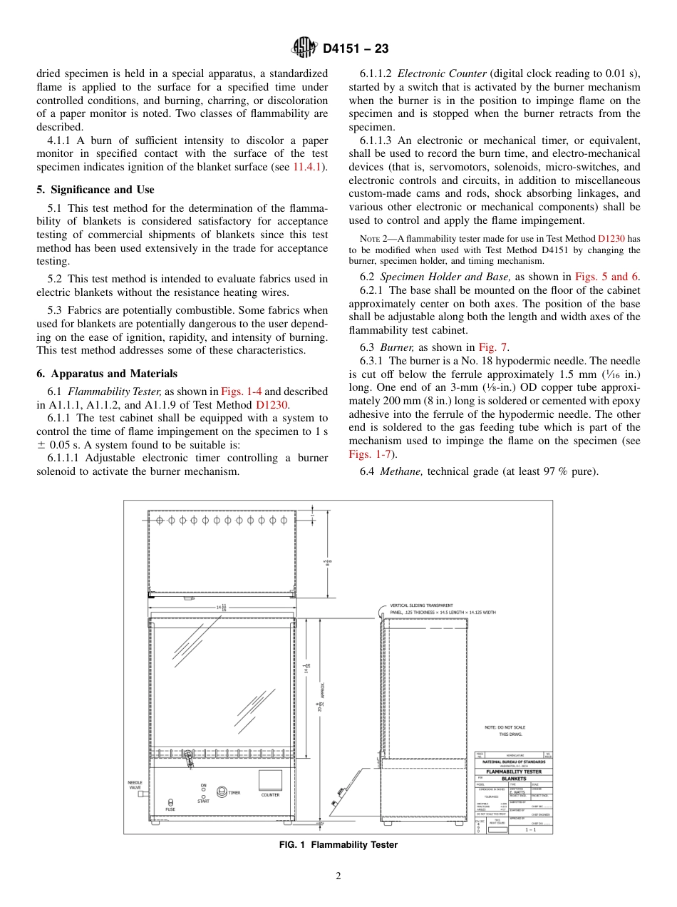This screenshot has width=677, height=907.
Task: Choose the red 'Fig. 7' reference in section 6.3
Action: tap(492, 347)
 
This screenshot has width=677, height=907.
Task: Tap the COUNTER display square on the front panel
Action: tap(270, 779)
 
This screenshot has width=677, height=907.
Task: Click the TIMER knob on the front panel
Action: tap(222, 791)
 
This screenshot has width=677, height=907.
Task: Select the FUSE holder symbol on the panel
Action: tap(170, 802)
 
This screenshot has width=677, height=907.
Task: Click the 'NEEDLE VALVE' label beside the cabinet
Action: tap(135, 785)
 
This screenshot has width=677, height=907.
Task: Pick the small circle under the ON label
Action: tap(204, 789)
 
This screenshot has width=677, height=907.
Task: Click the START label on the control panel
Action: tap(203, 801)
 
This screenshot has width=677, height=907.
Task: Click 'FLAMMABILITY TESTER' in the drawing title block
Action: tap(513, 772)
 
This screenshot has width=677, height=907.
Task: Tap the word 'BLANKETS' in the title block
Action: tap(513, 779)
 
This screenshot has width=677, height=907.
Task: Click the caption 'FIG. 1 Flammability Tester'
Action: tap(338, 845)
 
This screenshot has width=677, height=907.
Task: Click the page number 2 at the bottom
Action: tap(338, 876)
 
